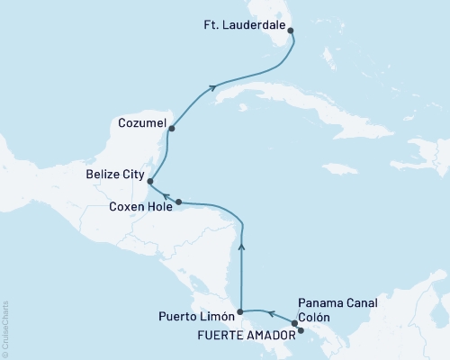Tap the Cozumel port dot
pyautogui.click(x=171, y=129)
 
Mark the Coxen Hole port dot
pyautogui.click(x=179, y=202)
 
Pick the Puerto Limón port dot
pyautogui.click(x=240, y=313)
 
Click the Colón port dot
pyautogui.click(x=294, y=322)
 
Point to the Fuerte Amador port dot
pyautogui.click(x=301, y=330)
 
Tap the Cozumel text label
pyautogui.click(x=139, y=119)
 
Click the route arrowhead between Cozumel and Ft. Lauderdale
pyautogui.click(x=213, y=87)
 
